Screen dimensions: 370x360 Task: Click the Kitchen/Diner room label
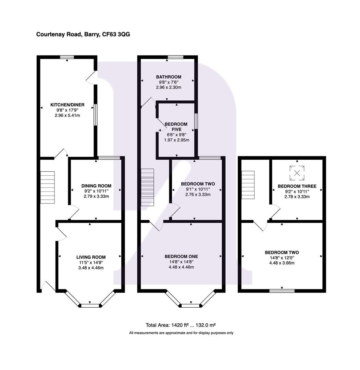(x=67, y=105)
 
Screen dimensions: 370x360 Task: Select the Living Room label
(x=91, y=257)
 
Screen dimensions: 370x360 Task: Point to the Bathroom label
(x=169, y=77)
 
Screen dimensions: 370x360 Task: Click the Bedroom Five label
(x=176, y=127)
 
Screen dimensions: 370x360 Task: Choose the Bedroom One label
(x=181, y=257)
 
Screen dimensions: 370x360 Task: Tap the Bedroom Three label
(x=297, y=186)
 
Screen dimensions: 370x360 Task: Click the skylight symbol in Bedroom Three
(x=297, y=173)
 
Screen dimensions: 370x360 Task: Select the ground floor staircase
(x=48, y=187)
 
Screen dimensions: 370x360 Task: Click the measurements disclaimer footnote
(x=181, y=333)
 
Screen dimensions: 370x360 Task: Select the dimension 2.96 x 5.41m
(x=67, y=115)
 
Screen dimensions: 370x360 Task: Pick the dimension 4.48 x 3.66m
(x=282, y=263)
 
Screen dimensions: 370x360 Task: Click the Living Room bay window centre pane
(x=90, y=305)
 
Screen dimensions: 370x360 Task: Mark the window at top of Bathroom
(x=175, y=57)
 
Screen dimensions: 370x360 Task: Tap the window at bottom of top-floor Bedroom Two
(x=282, y=291)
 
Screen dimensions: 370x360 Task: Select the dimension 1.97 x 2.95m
(x=176, y=140)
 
